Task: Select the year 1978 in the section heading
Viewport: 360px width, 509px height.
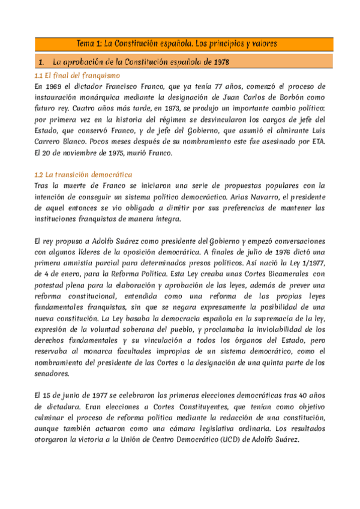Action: coord(218,62)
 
